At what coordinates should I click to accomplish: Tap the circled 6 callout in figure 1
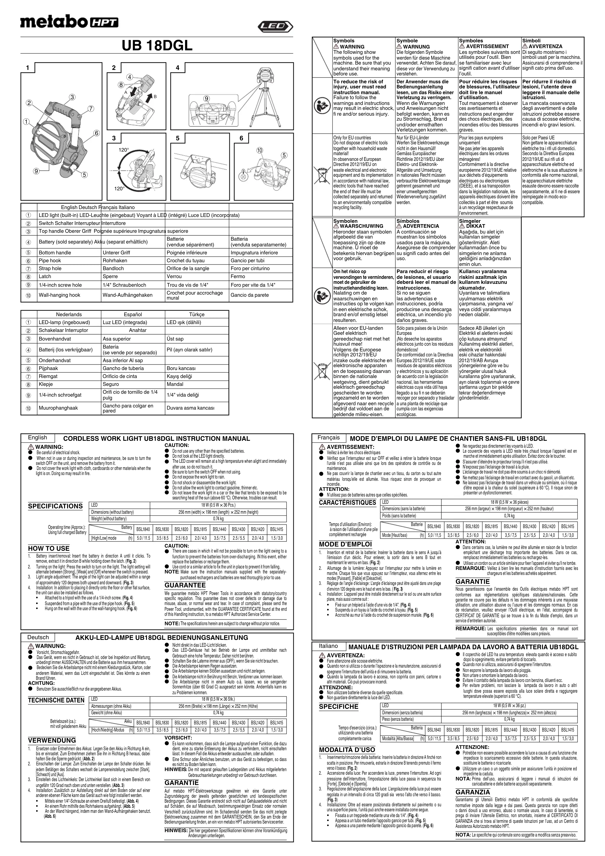point(97,133)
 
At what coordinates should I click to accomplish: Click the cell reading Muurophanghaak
point(58,408)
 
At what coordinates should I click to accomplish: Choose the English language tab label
point(38,438)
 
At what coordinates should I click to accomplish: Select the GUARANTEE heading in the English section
point(185,585)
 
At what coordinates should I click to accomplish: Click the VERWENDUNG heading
point(52,740)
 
